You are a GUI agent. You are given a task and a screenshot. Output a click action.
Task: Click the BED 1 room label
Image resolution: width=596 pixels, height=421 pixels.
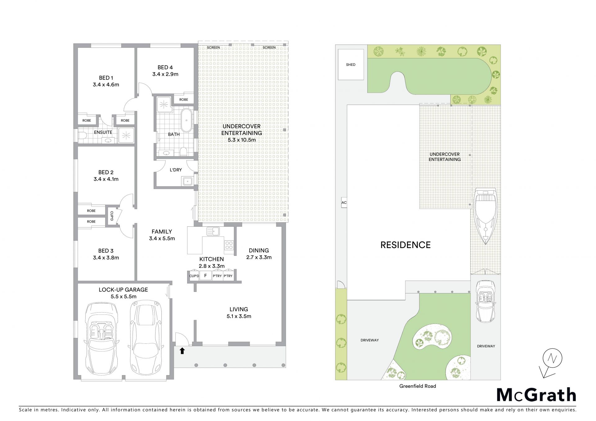click(x=106, y=78)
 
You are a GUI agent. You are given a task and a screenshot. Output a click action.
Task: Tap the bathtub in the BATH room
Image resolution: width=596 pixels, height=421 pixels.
click(x=186, y=120)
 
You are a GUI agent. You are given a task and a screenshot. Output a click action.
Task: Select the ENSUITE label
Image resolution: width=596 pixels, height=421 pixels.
click(x=103, y=132)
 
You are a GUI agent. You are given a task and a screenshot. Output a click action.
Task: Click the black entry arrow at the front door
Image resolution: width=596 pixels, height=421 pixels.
click(x=182, y=351)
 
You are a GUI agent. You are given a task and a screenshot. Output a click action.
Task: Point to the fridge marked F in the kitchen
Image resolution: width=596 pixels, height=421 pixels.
click(x=205, y=275)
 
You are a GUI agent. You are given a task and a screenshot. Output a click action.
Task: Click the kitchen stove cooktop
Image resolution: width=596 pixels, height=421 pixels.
click(x=229, y=245)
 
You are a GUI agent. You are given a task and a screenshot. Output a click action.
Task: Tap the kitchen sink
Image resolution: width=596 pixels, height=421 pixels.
click(x=213, y=231)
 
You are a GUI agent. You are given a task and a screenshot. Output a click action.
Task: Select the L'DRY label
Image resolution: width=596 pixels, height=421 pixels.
click(x=176, y=170)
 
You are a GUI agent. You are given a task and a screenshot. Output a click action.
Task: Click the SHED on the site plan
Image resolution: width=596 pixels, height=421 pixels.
click(x=350, y=65)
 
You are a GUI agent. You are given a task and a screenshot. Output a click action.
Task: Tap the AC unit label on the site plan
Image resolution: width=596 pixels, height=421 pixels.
click(x=344, y=202)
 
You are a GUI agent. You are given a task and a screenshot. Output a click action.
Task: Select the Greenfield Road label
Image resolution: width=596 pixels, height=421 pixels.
click(x=418, y=386)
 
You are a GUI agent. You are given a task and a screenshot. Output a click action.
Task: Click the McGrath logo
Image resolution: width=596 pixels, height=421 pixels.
click(x=536, y=395)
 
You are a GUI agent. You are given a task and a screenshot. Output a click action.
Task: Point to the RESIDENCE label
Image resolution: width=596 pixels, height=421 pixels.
click(x=405, y=245)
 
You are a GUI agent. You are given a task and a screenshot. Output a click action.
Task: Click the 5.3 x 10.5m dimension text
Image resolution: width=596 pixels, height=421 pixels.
click(x=242, y=140)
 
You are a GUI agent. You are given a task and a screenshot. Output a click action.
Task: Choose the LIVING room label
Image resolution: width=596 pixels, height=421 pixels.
click(x=239, y=309)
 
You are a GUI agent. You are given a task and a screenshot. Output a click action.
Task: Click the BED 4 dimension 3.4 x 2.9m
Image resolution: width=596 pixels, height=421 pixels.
click(x=165, y=74)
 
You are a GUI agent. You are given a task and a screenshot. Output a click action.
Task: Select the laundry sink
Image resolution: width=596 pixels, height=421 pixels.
click(x=187, y=181)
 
